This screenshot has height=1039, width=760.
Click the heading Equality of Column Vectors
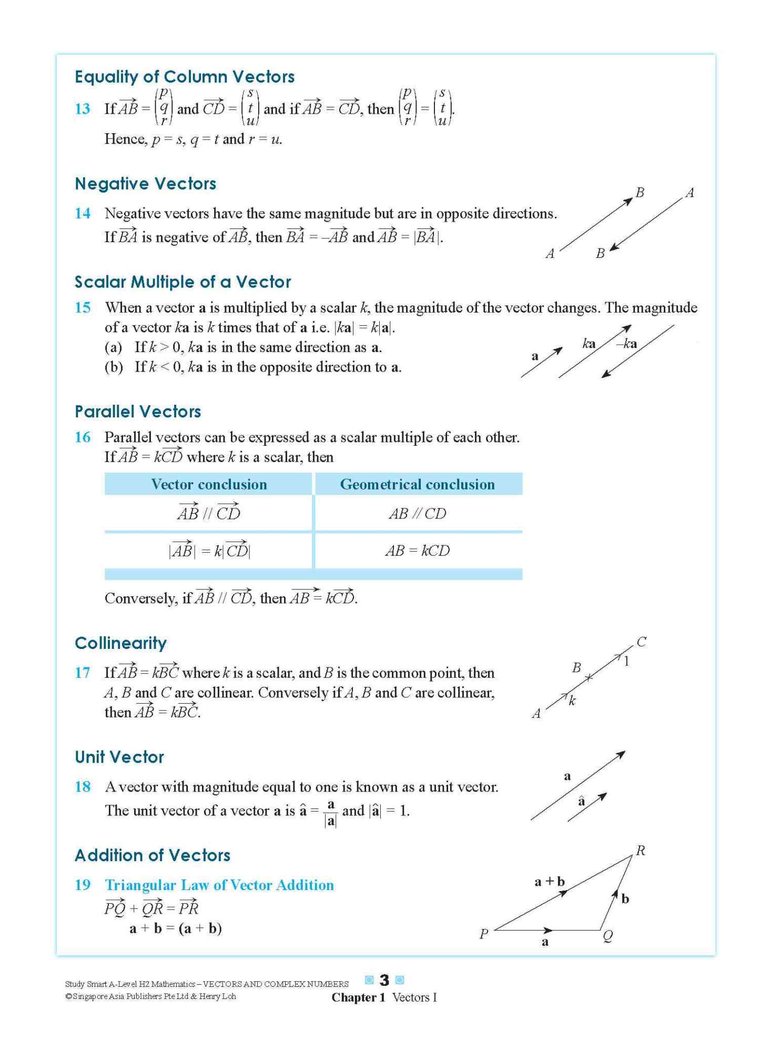pyautogui.click(x=184, y=77)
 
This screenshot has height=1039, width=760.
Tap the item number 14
pyautogui.click(x=83, y=213)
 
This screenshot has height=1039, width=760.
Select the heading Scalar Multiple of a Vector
pyautogui.click(x=183, y=282)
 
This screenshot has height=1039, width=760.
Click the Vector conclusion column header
pyautogui.click(x=209, y=484)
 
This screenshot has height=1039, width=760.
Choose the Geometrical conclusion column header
pyautogui.click(x=417, y=484)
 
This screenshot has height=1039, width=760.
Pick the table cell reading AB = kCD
pyautogui.click(x=417, y=551)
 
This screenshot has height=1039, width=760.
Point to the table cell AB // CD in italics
pyautogui.click(x=417, y=514)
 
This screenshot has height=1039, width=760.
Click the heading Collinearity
pyautogui.click(x=120, y=643)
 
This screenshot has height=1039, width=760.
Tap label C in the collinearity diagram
pyautogui.click(x=641, y=642)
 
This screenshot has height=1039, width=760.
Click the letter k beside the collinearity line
pyautogui.click(x=572, y=701)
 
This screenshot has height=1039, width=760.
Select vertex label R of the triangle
pyautogui.click(x=640, y=851)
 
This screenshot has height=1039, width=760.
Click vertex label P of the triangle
pyautogui.click(x=484, y=934)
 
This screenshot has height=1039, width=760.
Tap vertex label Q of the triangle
pyautogui.click(x=607, y=935)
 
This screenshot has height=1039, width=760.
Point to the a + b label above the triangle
pyautogui.click(x=549, y=881)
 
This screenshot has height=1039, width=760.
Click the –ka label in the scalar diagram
pyautogui.click(x=626, y=344)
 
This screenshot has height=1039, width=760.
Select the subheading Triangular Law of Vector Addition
pyautogui.click(x=219, y=885)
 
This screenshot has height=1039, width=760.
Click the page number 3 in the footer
pyautogui.click(x=384, y=980)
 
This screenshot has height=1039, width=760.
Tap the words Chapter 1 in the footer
pyautogui.click(x=358, y=997)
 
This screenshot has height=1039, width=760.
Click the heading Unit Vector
pyautogui.click(x=119, y=757)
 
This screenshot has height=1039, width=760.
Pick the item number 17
pyautogui.click(x=83, y=673)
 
